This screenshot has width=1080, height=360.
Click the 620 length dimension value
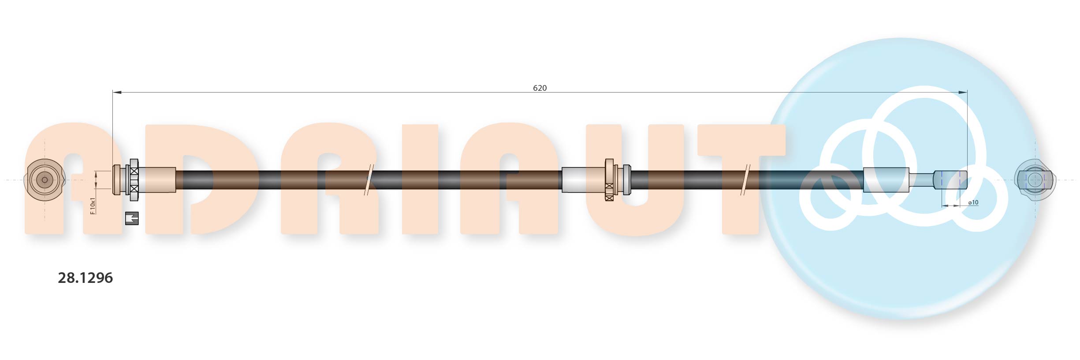coord(540,88)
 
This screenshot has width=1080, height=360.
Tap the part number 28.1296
coord(86,278)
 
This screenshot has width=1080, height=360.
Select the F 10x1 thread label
coord(93,206)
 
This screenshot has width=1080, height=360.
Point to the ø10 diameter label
coord(973,202)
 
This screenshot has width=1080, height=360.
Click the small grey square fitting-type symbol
coord(132,218)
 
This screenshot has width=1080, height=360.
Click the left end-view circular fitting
coord(45,180)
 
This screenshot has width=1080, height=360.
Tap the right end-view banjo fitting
coord(1035,180)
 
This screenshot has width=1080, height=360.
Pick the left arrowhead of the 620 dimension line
coord(117,92)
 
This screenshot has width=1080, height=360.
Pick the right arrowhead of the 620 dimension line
coord(963,92)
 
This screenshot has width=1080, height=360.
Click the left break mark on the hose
coord(369,180)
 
